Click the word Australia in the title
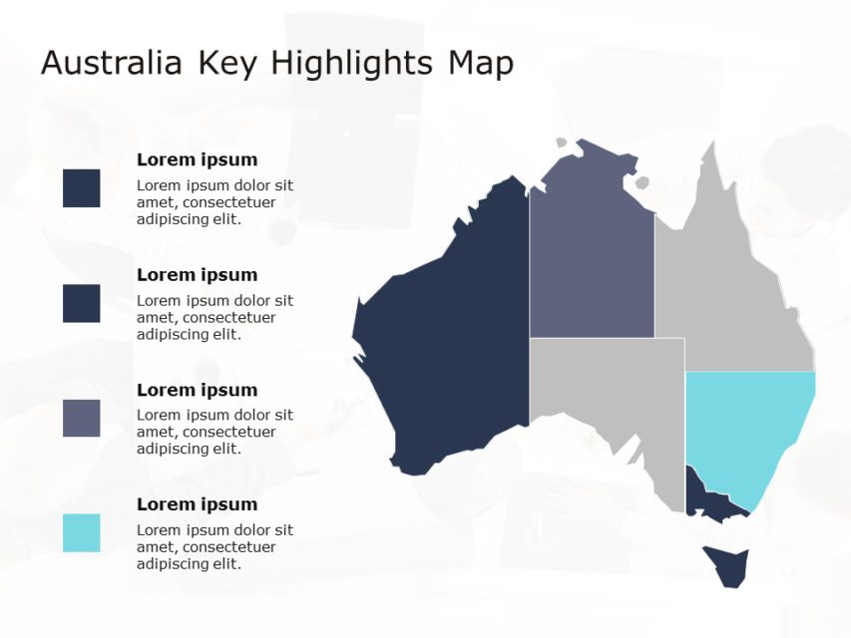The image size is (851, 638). (x=111, y=64)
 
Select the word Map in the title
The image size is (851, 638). (x=481, y=64)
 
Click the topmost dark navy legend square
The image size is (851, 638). (x=81, y=188)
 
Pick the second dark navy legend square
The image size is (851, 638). (x=81, y=303)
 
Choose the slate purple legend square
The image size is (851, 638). (x=81, y=419)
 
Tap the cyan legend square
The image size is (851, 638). (x=81, y=533)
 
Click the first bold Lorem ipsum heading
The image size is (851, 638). (x=197, y=159)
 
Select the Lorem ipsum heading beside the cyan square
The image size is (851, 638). (x=197, y=504)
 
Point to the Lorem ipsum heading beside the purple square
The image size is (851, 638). (x=197, y=390)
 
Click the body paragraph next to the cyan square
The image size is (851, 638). (x=214, y=547)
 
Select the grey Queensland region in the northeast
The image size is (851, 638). (x=728, y=289)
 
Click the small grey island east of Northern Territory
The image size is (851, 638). (x=638, y=183)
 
